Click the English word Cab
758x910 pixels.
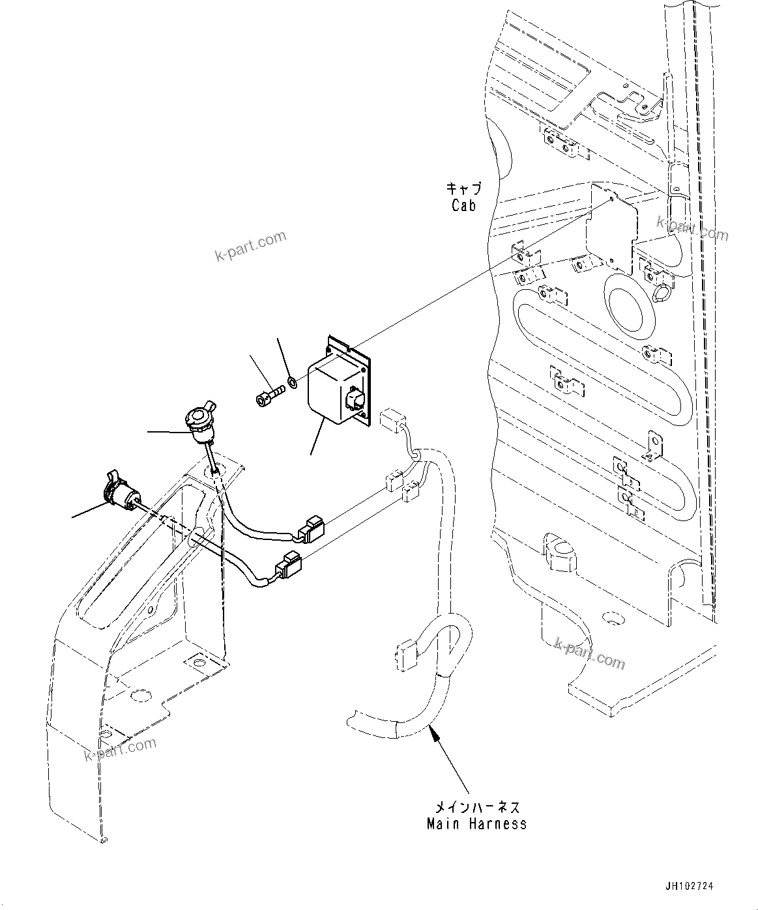click(x=463, y=205)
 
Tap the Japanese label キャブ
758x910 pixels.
click(x=463, y=190)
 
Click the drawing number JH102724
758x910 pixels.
click(x=690, y=886)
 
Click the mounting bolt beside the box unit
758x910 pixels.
click(x=267, y=397)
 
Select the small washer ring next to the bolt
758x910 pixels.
click(x=293, y=381)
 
